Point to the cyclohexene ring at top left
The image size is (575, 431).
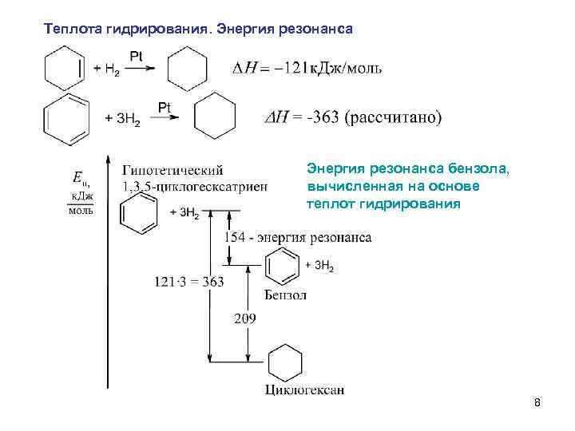[x=64, y=67]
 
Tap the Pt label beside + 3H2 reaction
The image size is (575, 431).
[x=165, y=106]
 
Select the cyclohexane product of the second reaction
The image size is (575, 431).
[x=216, y=117]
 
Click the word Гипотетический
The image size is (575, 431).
[x=172, y=170]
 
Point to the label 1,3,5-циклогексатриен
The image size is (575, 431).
[x=195, y=186]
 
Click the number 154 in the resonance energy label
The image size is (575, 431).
[x=234, y=237]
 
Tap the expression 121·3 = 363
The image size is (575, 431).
[x=189, y=281]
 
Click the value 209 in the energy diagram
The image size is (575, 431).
[x=245, y=319]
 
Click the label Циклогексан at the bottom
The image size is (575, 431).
[x=304, y=389]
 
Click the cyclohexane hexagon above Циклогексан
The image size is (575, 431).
[x=285, y=363]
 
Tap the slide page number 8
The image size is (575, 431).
[x=537, y=403]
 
